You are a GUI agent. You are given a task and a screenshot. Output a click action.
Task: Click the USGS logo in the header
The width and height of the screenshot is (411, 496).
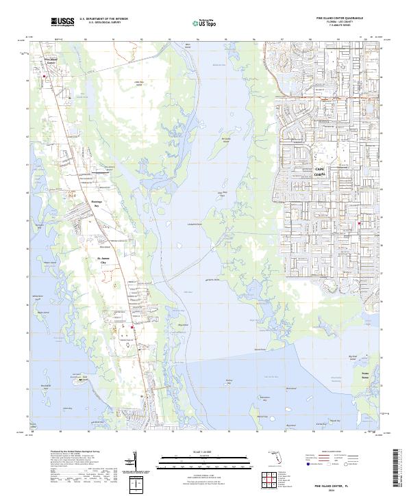coord(62,23)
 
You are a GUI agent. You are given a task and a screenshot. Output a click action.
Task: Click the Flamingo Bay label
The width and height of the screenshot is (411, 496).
coord(97,204)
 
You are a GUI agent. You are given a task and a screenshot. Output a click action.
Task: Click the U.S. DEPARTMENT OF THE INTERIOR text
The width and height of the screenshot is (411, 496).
coord(103,19)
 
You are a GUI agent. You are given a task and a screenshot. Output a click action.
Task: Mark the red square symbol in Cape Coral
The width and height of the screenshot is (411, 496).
coord(360,224)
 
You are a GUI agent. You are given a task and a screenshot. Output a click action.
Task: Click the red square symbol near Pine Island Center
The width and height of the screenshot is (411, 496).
coord(46,77)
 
